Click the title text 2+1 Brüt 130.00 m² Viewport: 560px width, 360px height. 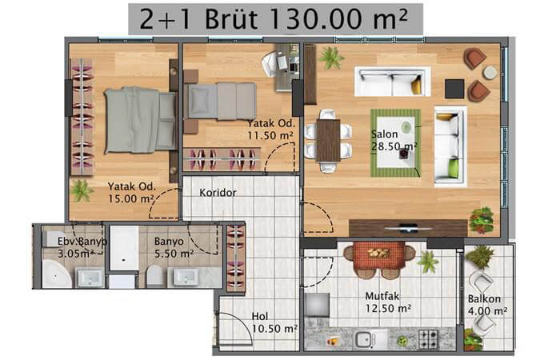point(274,19)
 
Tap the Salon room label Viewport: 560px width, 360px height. point(384,134)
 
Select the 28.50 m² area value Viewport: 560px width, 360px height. point(394,146)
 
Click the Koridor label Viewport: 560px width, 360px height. point(218,193)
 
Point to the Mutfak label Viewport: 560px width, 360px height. point(382,296)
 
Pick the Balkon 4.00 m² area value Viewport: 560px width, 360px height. point(487,311)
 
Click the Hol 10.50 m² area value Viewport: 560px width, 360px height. point(274,329)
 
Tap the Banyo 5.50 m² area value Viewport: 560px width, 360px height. point(174,254)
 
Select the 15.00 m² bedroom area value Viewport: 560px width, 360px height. point(130,198)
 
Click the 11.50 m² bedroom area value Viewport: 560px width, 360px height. point(270,136)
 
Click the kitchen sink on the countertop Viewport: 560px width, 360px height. point(364,338)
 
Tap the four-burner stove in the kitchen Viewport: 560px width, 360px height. point(428,338)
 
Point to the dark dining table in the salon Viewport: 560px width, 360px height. point(328,140)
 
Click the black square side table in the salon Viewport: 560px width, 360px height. point(454,89)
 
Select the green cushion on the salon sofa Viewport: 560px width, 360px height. point(454,168)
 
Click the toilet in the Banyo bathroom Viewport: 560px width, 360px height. point(154,276)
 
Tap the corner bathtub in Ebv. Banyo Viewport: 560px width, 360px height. point(57,274)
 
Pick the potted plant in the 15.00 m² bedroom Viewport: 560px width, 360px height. point(82,190)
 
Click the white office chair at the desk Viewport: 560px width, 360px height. point(270,63)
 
